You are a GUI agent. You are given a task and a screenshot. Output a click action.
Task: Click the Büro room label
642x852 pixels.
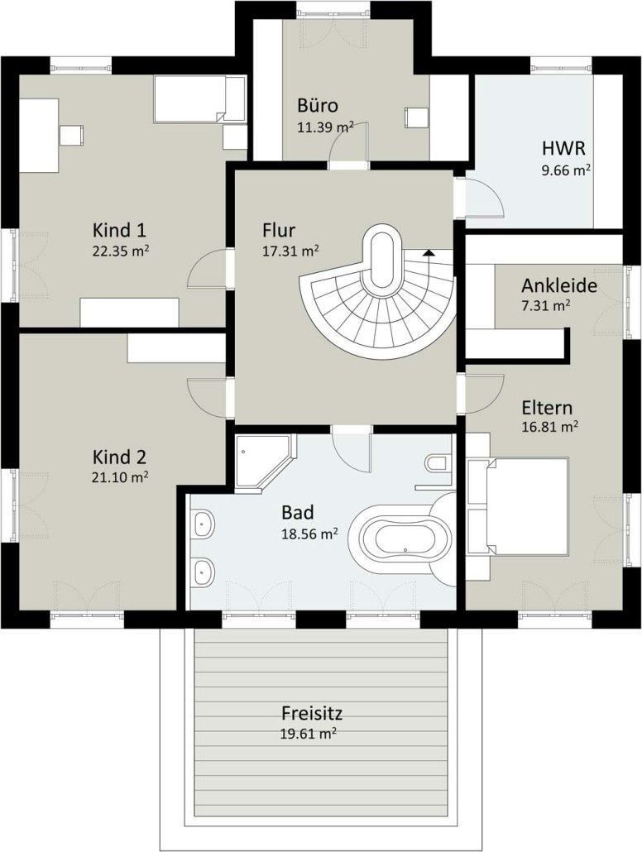[318, 105]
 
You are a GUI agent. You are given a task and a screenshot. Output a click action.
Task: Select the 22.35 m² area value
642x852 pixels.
[121, 251]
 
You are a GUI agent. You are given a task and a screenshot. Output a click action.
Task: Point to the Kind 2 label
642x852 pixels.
[119, 457]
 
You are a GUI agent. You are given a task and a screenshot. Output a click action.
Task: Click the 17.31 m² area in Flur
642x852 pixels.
[290, 251]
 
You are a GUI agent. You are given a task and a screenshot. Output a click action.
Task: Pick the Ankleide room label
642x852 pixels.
[558, 285]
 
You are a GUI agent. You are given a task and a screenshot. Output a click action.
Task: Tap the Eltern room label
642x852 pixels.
[547, 408]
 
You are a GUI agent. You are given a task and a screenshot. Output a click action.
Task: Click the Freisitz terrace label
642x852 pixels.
[312, 712]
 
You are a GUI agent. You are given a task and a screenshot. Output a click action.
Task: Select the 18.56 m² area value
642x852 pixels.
[309, 534]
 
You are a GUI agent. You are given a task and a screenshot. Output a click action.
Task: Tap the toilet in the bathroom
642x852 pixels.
[438, 464]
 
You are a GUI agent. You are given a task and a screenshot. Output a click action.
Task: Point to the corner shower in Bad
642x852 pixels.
[265, 461]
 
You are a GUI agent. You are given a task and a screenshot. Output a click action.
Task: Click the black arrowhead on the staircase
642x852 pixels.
[429, 251]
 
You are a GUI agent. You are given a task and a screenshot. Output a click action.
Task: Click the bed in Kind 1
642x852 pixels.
[199, 98]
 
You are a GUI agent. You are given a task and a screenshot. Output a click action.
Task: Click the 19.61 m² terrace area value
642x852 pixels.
[309, 734]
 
